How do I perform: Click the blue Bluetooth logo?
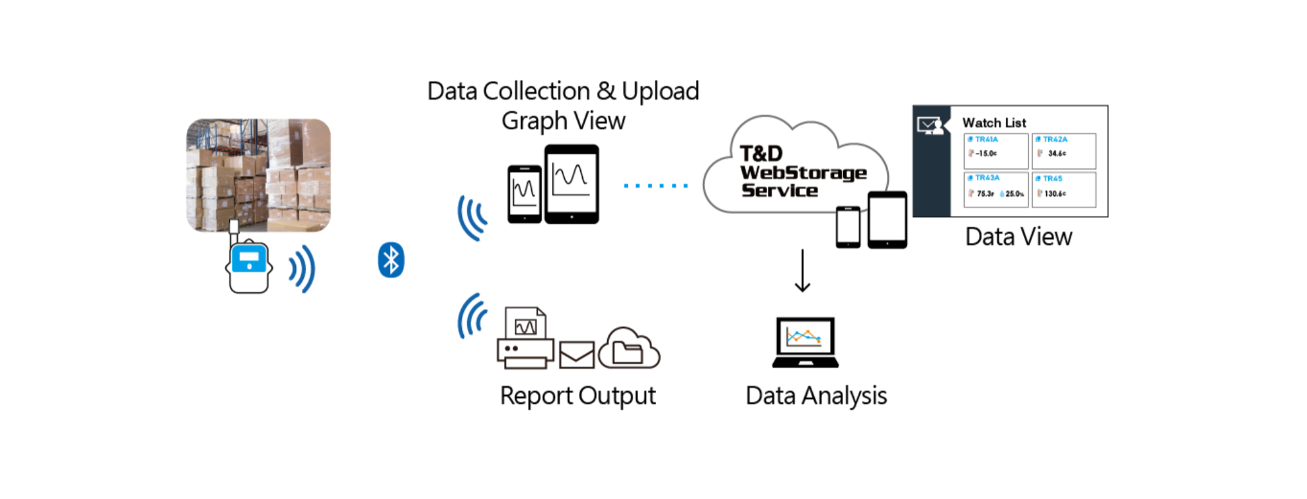point(391,260)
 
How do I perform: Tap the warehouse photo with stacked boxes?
point(258,175)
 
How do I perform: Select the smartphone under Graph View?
point(524,194)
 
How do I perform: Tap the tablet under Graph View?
point(571,184)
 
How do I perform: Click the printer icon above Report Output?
point(525,340)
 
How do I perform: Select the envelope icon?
point(576,355)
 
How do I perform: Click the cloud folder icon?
point(629,349)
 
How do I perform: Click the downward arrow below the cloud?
point(802,270)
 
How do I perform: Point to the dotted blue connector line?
point(655,185)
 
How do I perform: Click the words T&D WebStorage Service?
point(802,172)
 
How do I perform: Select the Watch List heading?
point(994,123)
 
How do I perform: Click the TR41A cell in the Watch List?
point(996,151)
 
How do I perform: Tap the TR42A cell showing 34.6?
point(1063,151)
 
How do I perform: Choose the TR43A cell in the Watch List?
point(996,189)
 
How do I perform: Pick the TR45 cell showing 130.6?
point(1063,189)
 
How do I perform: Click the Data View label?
point(1018,236)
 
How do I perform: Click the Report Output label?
point(578,396)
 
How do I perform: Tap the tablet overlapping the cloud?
point(887,219)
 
